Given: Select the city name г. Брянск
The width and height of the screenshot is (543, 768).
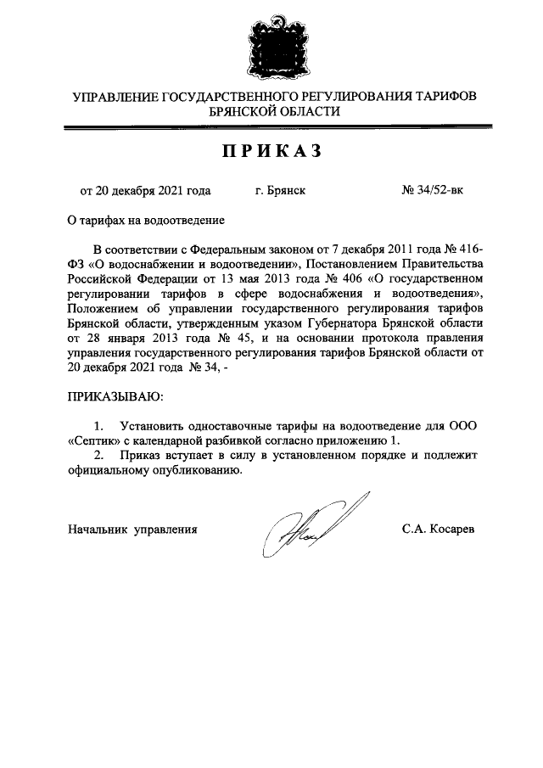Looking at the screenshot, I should tap(280, 191).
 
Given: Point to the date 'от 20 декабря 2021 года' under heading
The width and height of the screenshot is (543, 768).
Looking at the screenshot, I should tap(145, 191).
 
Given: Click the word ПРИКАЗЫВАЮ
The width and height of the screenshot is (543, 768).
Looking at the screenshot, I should tap(115, 395).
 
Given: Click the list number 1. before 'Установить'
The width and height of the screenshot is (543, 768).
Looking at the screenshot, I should tap(99, 424).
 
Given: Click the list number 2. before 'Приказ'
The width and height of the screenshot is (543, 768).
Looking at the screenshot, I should tap(99, 455).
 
